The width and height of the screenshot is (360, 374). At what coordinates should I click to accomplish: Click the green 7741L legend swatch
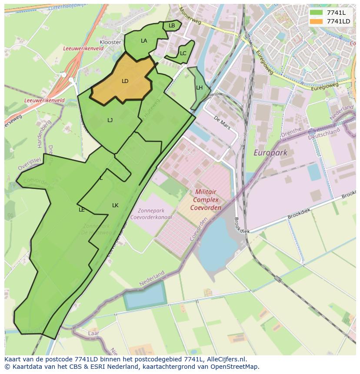[x=316, y=13]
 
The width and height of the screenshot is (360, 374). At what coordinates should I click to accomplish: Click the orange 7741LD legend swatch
[x=316, y=21]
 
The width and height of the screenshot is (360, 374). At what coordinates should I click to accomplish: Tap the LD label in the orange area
[x=125, y=81]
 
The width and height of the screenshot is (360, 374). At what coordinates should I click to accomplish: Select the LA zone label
[x=144, y=41]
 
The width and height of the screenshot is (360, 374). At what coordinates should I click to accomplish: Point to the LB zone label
[x=172, y=26]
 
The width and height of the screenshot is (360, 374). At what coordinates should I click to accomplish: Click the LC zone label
[x=183, y=53]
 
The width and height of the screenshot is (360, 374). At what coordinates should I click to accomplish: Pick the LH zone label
[x=199, y=88]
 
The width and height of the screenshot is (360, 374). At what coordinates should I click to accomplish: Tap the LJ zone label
[x=110, y=120]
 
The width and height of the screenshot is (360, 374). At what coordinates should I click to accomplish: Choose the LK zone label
[x=115, y=205]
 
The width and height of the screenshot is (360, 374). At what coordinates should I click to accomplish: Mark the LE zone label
[x=81, y=210]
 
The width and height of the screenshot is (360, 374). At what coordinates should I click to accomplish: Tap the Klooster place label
[x=110, y=42]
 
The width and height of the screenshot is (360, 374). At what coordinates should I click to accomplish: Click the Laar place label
[x=93, y=333]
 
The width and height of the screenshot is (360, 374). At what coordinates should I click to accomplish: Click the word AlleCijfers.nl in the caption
[x=226, y=359]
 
